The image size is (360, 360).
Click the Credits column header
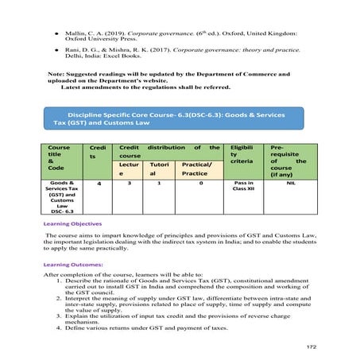point(99,153)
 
